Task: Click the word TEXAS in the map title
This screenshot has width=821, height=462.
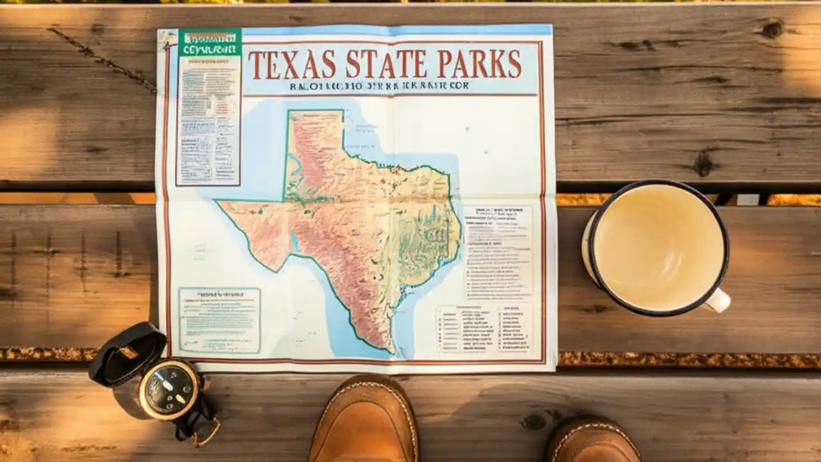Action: [292, 64]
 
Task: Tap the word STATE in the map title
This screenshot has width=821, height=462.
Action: [386, 64]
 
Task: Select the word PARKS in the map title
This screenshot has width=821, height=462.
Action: [479, 64]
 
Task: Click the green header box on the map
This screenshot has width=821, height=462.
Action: [210, 42]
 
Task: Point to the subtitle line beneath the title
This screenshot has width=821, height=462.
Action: [379, 85]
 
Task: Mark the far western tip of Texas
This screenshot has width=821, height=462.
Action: [219, 203]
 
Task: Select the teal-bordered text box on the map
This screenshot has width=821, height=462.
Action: [219, 320]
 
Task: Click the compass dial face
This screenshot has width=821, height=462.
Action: [169, 389]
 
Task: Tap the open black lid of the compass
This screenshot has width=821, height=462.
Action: [127, 353]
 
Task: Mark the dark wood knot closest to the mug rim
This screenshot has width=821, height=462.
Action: [704, 164]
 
